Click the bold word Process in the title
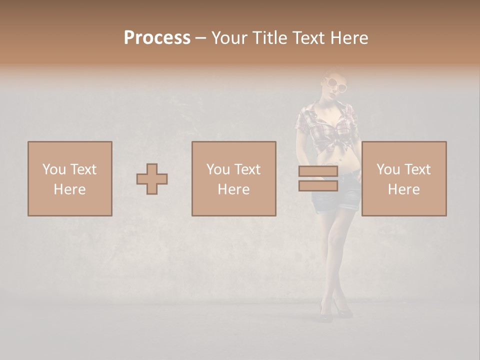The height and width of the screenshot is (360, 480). pos(157,38)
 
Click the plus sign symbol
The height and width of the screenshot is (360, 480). pos(152,179)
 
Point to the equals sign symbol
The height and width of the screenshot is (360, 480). pos(318,178)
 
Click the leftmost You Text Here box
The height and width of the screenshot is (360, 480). pos(70,178)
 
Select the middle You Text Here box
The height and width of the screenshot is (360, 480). pos(234,178)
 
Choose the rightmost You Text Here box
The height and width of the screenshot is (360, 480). pos(404,178)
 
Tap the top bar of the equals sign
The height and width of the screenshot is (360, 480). pos(318,171)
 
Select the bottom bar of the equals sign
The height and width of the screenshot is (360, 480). pos(318,185)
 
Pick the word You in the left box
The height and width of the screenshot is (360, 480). pos(53,169)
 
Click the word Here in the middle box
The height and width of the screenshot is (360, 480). pos(234,189)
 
